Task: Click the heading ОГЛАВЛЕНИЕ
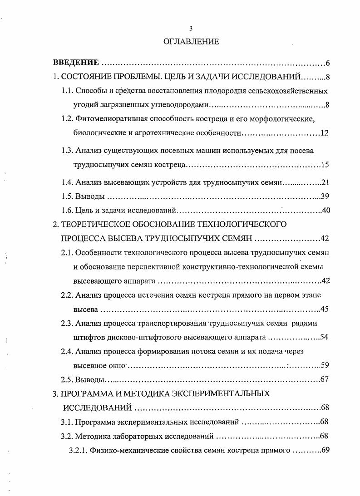tap(191, 42)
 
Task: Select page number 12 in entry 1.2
tap(324, 133)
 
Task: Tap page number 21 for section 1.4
tap(325, 182)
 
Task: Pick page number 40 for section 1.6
tap(325, 211)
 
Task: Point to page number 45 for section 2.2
tap(325, 309)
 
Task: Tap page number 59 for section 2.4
tap(325, 365)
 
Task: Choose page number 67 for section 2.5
tap(325, 380)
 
